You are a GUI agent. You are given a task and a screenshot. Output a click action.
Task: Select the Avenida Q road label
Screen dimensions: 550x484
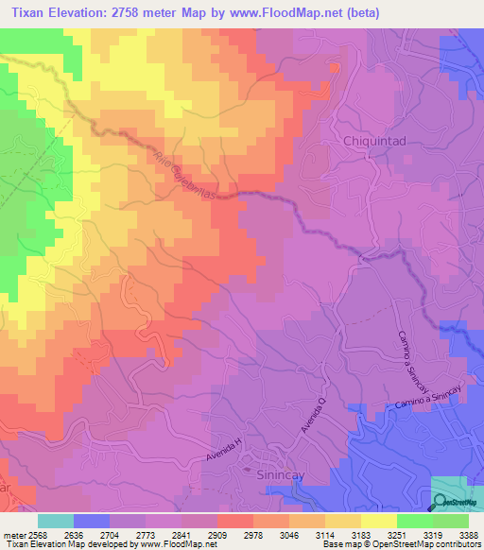click(x=313, y=417)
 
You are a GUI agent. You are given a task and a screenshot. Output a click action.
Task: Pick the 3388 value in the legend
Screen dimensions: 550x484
click(x=469, y=534)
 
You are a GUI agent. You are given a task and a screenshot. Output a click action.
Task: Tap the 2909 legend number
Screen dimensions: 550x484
click(x=217, y=534)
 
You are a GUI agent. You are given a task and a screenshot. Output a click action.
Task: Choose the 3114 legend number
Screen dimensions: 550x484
click(x=325, y=534)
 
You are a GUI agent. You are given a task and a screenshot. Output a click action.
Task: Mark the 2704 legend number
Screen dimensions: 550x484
click(x=110, y=534)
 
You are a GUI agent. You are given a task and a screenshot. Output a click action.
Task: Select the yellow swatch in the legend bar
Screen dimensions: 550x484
click(x=379, y=521)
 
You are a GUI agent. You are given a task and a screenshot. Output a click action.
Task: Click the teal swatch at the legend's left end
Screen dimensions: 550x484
click(x=56, y=521)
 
